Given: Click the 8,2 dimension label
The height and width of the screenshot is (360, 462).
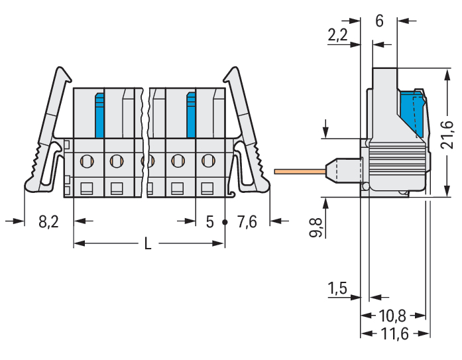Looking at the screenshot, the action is pos(48,221).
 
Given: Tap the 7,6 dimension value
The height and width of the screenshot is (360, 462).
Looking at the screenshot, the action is pos(247,221).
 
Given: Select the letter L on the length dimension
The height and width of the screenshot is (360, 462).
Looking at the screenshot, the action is pos(148,244).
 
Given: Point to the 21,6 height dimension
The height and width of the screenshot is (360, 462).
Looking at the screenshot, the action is pos(447,134).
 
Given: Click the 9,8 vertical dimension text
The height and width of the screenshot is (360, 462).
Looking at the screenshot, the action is pos(316,228).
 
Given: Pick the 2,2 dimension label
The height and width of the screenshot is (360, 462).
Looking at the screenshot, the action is pos(337,35).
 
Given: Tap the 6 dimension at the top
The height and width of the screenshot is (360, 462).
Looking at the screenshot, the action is pos(380,21).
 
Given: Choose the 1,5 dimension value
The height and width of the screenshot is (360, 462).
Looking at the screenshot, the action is pos(337,288).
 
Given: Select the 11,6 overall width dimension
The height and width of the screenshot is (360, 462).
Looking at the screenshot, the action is pos(394,333).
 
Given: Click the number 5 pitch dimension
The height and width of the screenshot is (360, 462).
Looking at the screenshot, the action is pos(209,222).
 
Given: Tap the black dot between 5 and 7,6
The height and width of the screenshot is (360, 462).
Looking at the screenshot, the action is pos(225,222).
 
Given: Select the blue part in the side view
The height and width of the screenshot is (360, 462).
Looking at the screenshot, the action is pos(412,113).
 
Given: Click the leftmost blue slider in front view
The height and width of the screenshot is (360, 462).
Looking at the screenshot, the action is pos(99,115).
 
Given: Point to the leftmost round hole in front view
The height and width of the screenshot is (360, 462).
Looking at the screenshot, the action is pos(87,161).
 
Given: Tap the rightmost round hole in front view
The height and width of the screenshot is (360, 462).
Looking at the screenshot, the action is pos(208,160).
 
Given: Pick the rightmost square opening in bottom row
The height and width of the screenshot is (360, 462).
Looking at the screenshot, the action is pos(207,188).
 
